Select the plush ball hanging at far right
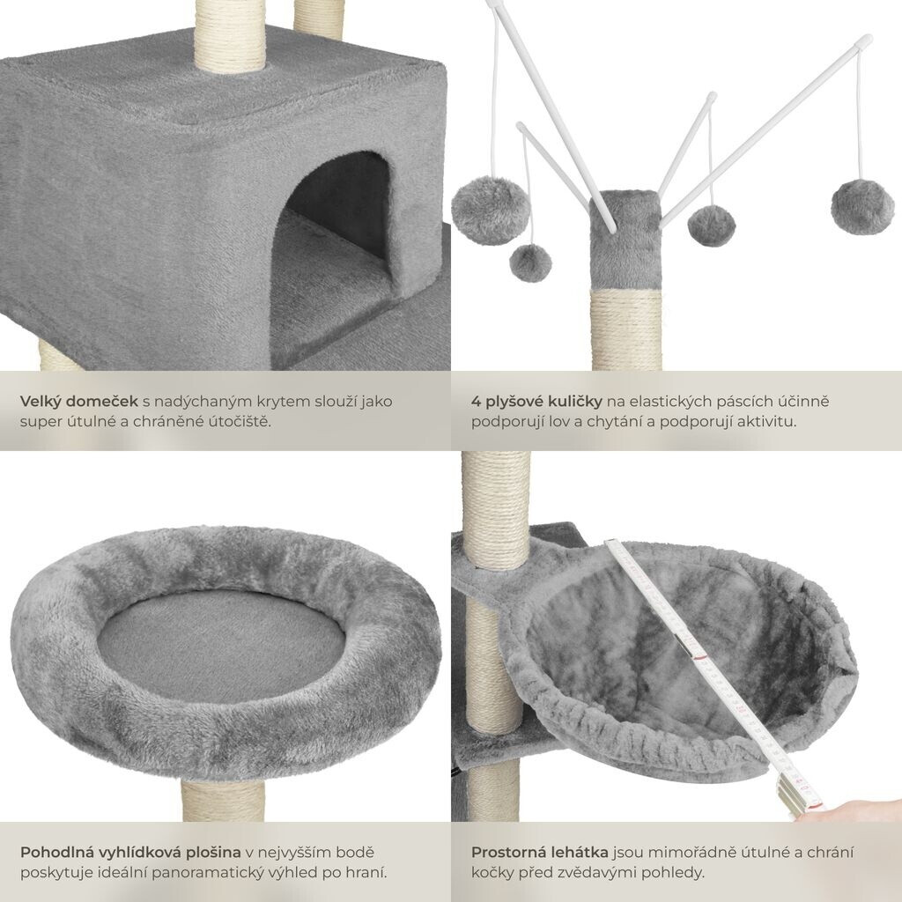(862, 207)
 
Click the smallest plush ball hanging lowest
(530, 262)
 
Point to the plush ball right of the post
(712, 225)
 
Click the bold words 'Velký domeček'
(78, 402)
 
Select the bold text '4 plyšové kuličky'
(536, 402)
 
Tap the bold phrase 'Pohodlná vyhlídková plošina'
(130, 852)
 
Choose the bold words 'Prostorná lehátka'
(540, 852)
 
